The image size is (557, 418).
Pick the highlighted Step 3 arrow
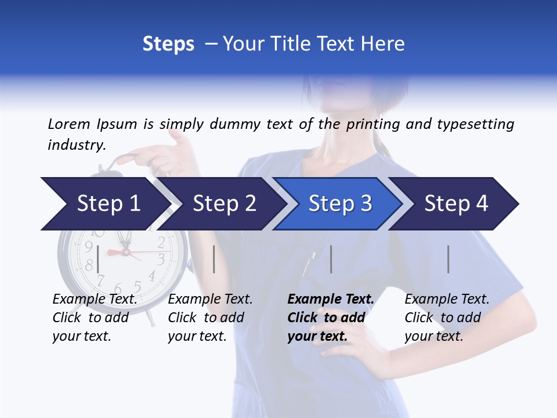click(x=340, y=204)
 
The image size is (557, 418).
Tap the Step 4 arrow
click(x=456, y=204)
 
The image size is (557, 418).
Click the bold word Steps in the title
click(x=168, y=44)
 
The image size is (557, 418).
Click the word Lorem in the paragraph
click(x=68, y=124)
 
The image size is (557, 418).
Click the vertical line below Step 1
click(x=98, y=260)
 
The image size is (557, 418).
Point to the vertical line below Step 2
click(x=214, y=260)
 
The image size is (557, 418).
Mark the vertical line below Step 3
click(x=331, y=260)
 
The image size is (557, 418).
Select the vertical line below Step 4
click(x=448, y=260)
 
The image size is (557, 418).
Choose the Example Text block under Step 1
click(x=95, y=318)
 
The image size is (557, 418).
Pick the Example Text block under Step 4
click(x=447, y=318)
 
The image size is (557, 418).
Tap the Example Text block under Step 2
click(x=210, y=318)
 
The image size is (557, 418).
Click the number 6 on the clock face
click(x=118, y=289)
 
